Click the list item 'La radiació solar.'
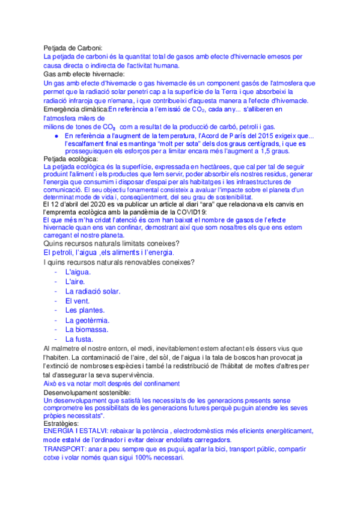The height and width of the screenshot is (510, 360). [x=93, y=291]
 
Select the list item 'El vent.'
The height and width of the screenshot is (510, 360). [x=78, y=301]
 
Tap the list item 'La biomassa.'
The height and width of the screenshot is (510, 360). [x=87, y=330]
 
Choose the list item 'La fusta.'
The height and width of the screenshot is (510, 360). [x=81, y=339]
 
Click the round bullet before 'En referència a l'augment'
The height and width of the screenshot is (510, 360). [x=56, y=137]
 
